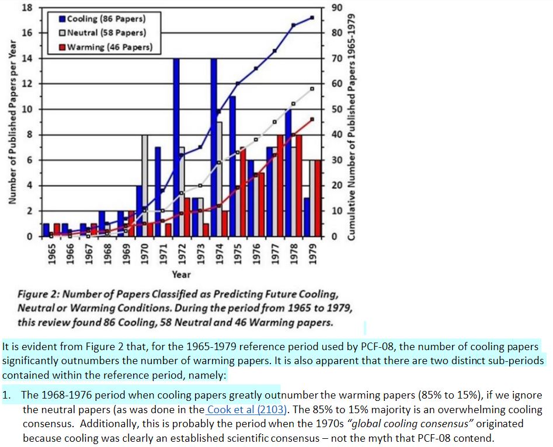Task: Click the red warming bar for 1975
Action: click(x=242, y=192)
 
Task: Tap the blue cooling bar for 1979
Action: click(x=307, y=217)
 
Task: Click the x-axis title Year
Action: click(x=182, y=274)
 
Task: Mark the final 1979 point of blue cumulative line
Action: click(x=312, y=18)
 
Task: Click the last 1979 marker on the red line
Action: click(x=312, y=119)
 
